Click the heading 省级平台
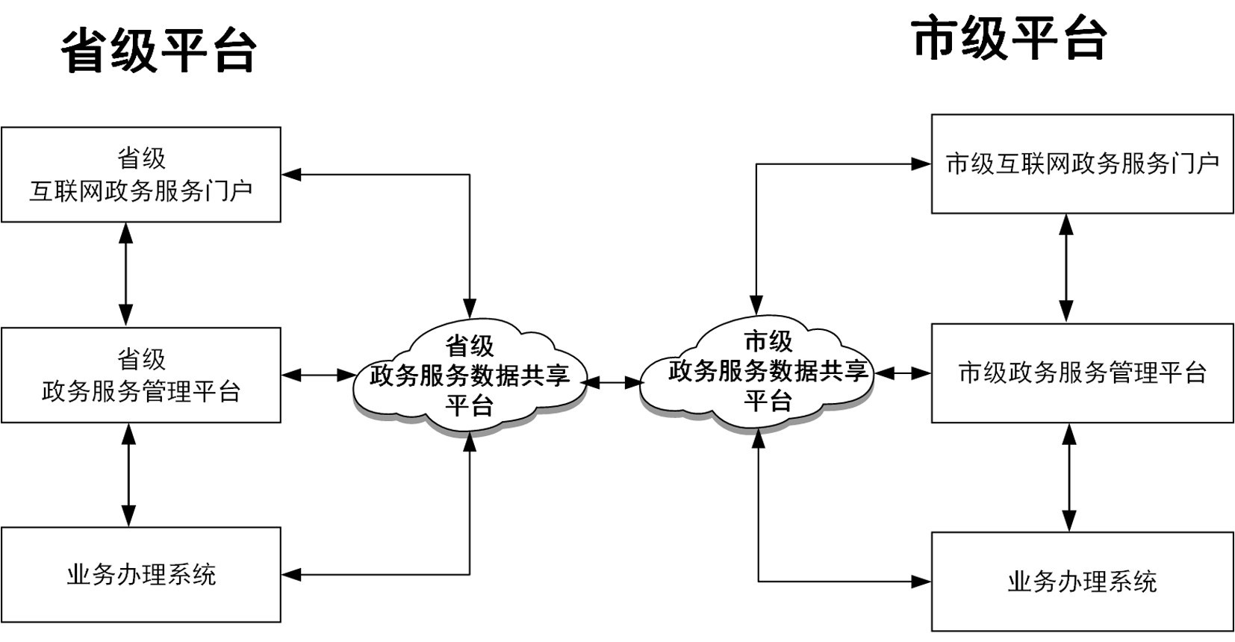click(158, 51)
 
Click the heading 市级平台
click(1009, 39)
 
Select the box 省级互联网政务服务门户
click(141, 175)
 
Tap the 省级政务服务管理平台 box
click(141, 375)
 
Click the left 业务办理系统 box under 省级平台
click(141, 575)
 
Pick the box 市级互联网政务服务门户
click(1082, 163)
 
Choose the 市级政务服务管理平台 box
click(1082, 373)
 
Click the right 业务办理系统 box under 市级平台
click(1082, 582)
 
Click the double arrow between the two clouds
click(612, 382)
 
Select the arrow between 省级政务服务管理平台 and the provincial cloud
click(319, 375)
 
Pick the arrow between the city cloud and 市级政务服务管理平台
click(903, 373)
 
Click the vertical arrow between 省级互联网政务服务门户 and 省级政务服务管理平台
click(126, 274)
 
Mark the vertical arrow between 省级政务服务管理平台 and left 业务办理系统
click(129, 475)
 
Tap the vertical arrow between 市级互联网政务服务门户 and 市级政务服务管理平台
click(1066, 268)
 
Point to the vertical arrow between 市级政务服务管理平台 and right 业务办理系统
click(1069, 477)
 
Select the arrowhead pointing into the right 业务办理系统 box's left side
click(922, 582)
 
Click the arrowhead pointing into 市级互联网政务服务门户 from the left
click(922, 163)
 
